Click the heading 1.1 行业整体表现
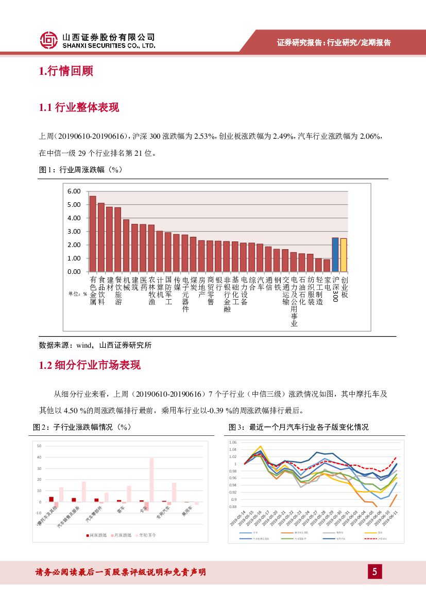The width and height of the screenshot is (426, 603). point(79,107)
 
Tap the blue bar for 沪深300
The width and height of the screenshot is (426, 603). point(335,254)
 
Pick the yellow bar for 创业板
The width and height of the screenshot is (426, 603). point(344,255)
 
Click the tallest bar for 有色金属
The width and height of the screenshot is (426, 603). point(93,234)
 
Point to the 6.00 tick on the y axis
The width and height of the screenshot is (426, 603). point(74,191)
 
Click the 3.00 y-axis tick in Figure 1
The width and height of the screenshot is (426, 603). point(74,232)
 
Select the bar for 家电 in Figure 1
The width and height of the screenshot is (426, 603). point(327,265)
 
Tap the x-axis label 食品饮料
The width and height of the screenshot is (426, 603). point(101,290)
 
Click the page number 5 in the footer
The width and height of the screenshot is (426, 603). point(375,572)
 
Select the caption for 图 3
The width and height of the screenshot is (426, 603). point(299,428)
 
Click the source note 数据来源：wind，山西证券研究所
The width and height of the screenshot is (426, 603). point(95,345)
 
